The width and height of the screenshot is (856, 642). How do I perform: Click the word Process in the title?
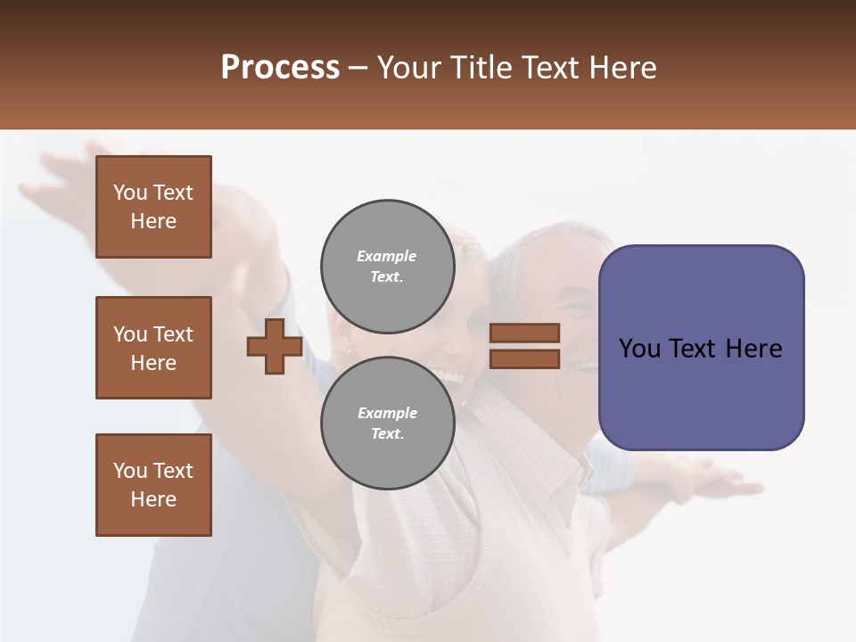(280, 68)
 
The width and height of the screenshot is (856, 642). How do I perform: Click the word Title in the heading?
(477, 68)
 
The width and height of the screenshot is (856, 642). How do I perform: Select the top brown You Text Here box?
(153, 207)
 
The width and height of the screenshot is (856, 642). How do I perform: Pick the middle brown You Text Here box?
(153, 348)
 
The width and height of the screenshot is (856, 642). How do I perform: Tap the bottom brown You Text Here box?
(153, 485)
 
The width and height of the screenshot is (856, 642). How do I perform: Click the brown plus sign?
(275, 346)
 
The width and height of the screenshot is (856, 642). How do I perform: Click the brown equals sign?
(524, 346)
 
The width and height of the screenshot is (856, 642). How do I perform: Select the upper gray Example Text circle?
(387, 266)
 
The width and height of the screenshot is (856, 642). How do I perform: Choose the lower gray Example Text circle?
(387, 423)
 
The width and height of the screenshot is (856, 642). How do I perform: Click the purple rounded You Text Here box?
(701, 348)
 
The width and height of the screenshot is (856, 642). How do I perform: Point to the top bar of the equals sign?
(524, 333)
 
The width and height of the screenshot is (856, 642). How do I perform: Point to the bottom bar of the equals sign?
(524, 358)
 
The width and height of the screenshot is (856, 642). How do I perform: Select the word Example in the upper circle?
(387, 256)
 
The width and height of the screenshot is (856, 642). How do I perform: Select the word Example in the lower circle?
(387, 413)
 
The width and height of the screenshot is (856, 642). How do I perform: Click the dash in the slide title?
(358, 68)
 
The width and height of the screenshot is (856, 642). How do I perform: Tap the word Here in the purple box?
(753, 349)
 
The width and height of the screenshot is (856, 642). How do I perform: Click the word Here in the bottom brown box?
(153, 499)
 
